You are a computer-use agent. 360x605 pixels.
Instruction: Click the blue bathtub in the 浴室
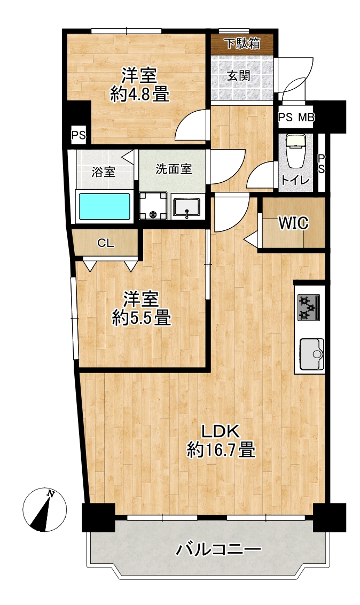point(105,206)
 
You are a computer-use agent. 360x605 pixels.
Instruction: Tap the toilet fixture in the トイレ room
point(295,151)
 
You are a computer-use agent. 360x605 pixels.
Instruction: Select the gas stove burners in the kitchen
point(309,307)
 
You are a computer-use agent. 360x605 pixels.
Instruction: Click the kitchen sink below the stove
point(312,353)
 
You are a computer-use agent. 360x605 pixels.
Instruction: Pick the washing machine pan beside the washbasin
point(153,205)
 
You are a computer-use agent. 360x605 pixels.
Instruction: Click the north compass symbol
point(45,510)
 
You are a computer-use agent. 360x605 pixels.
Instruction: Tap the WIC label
point(294,223)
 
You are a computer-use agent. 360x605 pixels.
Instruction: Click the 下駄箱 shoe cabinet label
point(242,44)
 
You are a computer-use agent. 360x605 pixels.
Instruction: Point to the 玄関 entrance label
point(238,76)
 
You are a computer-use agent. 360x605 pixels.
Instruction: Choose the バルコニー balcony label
point(218,549)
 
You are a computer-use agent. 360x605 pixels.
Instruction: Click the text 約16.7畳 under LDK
point(221,450)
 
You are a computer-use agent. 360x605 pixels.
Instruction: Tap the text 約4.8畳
point(139,94)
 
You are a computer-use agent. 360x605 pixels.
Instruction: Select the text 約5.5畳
point(142,318)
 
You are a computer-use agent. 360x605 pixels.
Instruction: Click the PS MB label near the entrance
point(296,117)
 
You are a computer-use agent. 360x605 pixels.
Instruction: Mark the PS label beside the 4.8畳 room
point(78,135)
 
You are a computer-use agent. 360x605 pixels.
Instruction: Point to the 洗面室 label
point(174,169)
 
